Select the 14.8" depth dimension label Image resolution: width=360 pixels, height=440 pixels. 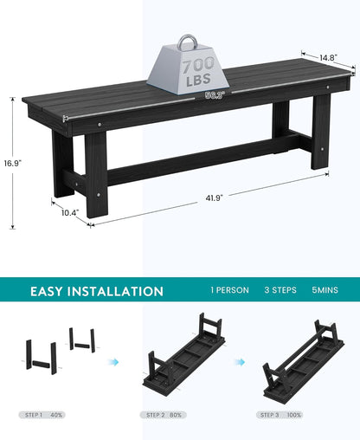328,58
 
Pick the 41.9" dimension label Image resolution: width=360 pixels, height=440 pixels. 214,197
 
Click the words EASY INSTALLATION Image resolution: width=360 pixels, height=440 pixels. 97,292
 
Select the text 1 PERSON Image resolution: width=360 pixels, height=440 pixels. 229,291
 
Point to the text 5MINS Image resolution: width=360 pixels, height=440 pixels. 326,291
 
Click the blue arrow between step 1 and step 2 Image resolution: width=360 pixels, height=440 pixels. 112,361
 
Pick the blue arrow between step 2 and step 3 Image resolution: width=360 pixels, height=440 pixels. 239,361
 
